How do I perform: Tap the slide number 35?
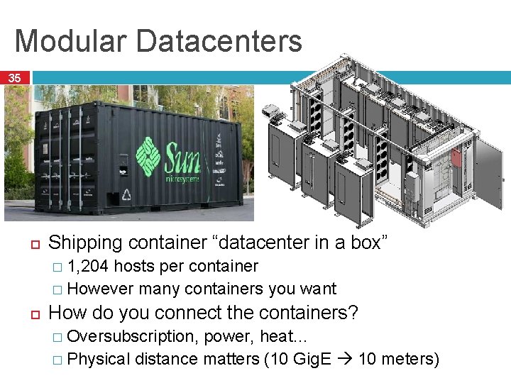pos(15,78)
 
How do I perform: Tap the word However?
pos(101,289)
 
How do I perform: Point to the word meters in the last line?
pos(411,359)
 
